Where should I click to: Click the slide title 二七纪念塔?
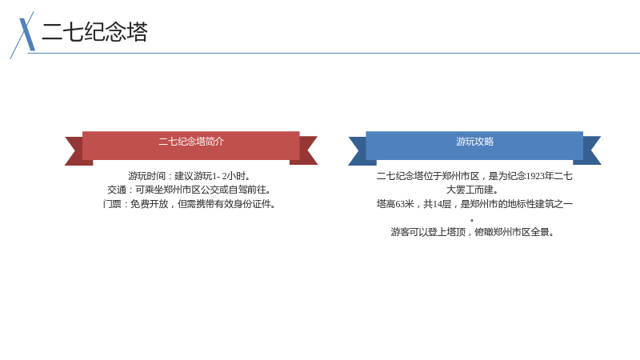94,32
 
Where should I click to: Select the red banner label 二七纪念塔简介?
191,142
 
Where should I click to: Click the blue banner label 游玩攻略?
474,142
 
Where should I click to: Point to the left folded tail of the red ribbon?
76,151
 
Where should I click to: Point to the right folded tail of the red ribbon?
306,150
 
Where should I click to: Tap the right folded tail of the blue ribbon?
590,150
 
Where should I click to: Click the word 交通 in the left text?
117,190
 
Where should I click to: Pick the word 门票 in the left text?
112,204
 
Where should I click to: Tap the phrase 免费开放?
150,204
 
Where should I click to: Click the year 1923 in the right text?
534,176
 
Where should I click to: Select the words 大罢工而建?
470,190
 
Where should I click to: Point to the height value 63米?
405,204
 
